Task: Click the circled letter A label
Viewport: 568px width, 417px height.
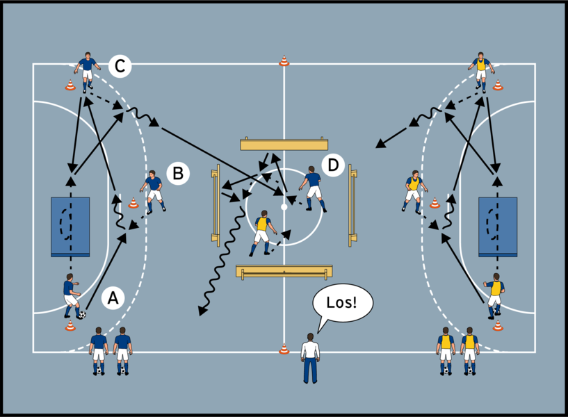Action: click(113, 298)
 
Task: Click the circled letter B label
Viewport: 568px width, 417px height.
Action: click(177, 173)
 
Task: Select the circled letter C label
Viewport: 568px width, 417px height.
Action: click(120, 66)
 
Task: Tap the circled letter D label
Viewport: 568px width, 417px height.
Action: click(333, 165)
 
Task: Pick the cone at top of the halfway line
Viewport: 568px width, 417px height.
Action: click(284, 61)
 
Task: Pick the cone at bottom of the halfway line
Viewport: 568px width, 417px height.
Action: click(284, 349)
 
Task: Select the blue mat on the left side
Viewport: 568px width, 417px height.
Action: click(70, 227)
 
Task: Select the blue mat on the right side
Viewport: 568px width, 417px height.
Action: click(498, 227)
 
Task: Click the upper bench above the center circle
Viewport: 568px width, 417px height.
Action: click(284, 145)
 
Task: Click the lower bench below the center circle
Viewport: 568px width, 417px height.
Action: click(284, 271)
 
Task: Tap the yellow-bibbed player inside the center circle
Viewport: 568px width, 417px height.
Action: click(263, 232)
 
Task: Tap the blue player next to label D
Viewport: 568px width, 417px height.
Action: click(313, 187)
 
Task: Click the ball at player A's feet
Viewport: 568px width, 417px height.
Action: click(82, 315)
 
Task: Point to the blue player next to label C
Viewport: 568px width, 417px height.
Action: click(86, 71)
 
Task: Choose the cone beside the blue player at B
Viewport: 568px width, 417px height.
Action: click(133, 203)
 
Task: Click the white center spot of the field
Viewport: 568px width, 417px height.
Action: click(284, 207)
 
